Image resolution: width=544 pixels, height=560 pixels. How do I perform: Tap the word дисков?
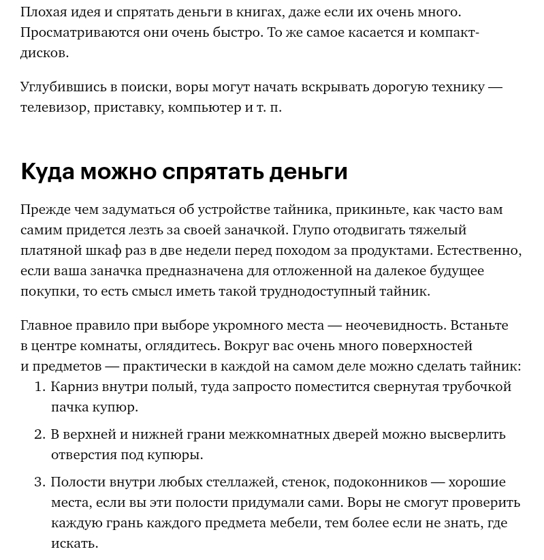pyautogui.click(x=44, y=53)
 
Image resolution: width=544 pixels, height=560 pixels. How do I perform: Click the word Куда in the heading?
pyautogui.click(x=47, y=172)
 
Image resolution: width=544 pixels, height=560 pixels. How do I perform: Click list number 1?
pyautogui.click(x=39, y=387)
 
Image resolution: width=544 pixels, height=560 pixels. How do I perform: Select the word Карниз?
pyautogui.click(x=74, y=387)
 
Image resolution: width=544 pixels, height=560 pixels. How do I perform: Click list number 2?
pyautogui.click(x=39, y=435)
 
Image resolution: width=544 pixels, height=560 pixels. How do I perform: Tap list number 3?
pyautogui.click(x=39, y=482)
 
